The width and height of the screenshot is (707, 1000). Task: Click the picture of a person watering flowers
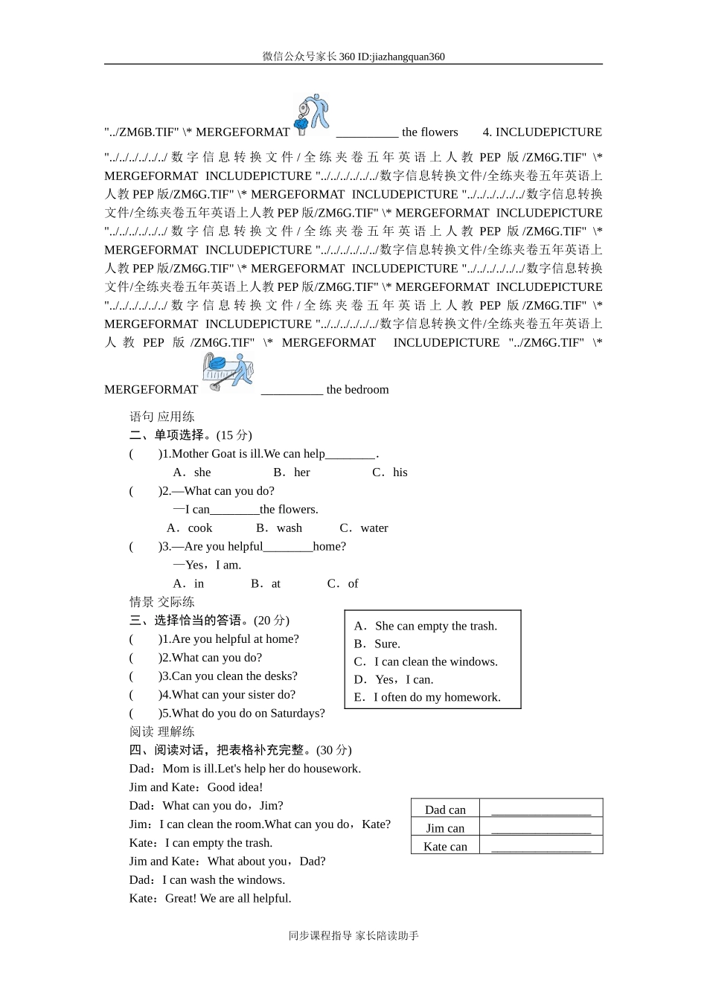coord(312,115)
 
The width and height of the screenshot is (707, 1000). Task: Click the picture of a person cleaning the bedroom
coord(228,372)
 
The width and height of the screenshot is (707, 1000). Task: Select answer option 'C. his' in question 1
coord(390,472)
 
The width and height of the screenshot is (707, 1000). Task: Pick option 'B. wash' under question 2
coord(279,528)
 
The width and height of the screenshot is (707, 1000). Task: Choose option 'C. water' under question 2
coord(364,528)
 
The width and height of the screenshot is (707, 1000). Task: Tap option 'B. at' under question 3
coord(266,584)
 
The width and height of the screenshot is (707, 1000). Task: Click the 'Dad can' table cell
coord(445,810)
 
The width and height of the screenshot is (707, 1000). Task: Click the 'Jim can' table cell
coord(445,828)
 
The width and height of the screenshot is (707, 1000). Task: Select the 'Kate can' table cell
coord(445,847)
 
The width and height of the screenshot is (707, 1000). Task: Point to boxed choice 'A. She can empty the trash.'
coord(426,626)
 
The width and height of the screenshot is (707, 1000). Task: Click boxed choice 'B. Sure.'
coord(377,644)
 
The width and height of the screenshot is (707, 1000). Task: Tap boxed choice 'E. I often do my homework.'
coord(427,698)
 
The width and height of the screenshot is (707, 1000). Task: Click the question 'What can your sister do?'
coord(228,695)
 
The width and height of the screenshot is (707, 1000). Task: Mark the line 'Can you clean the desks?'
coord(228,676)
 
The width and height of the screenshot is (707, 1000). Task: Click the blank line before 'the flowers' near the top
coord(367,133)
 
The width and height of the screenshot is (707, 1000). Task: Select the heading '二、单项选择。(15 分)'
coord(191,435)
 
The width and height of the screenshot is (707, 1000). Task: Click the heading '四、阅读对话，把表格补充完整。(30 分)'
coord(240,750)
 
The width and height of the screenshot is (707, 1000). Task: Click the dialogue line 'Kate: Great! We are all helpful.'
coord(210,898)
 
